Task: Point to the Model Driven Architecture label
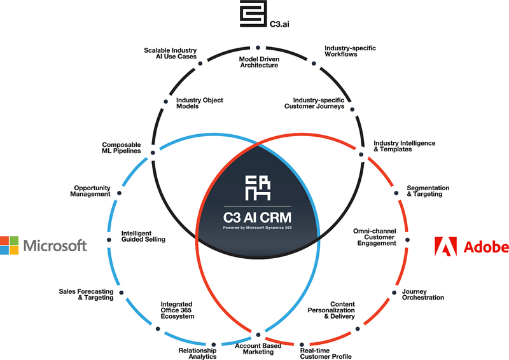[258, 62]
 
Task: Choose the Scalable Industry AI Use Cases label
[169, 53]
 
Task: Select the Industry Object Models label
[200, 103]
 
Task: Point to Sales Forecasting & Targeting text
[86, 294]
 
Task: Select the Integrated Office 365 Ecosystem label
[177, 310]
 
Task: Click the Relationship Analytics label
[197, 353]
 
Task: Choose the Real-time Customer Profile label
[325, 353]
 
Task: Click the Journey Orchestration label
[422, 294]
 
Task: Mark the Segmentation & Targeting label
[428, 191]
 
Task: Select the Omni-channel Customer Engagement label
[375, 237]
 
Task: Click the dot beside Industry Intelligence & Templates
[361, 154]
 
